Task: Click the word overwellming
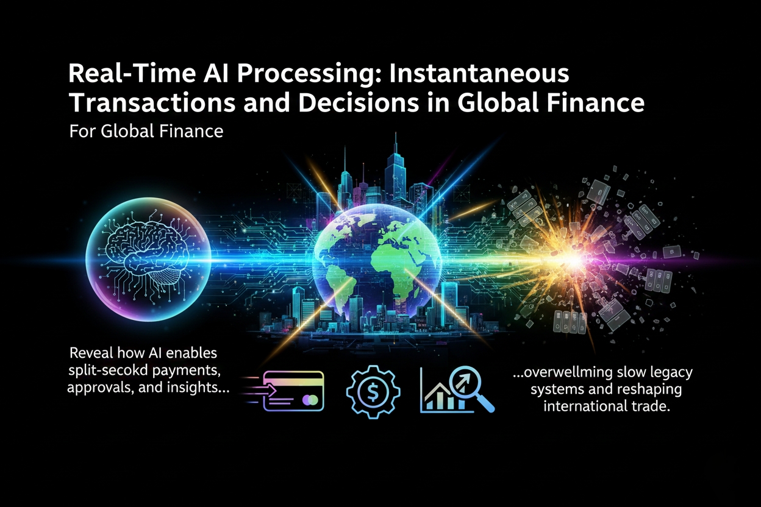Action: pos(568,372)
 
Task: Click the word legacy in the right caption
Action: pos(671,372)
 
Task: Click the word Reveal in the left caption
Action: pos(90,353)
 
